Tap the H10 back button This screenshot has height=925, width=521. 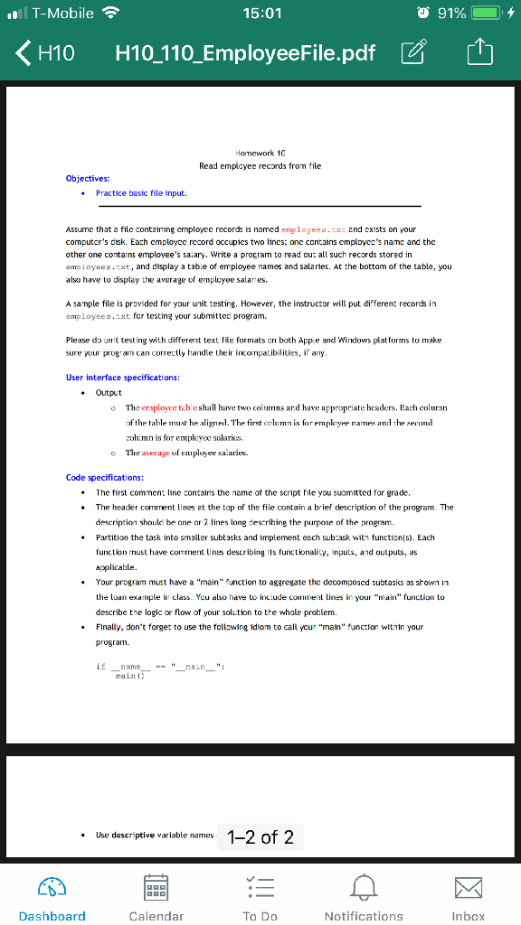(x=45, y=53)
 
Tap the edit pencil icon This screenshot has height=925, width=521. (x=413, y=53)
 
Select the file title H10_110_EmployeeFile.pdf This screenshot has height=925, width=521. (x=245, y=53)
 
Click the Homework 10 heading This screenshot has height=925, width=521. (x=260, y=154)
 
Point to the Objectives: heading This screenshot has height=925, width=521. (x=88, y=178)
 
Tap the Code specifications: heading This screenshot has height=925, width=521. (x=104, y=477)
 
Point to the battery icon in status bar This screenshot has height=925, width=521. (x=484, y=14)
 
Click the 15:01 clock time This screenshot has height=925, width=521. (x=262, y=14)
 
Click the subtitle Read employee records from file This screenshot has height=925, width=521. (x=260, y=166)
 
